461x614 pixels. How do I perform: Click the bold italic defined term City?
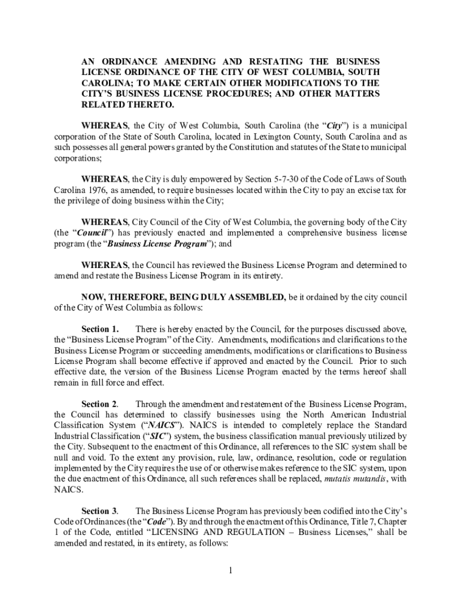point(333,125)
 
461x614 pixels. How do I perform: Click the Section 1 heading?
point(100,329)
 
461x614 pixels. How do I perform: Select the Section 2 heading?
point(100,404)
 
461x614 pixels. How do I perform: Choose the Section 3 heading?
point(100,511)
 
